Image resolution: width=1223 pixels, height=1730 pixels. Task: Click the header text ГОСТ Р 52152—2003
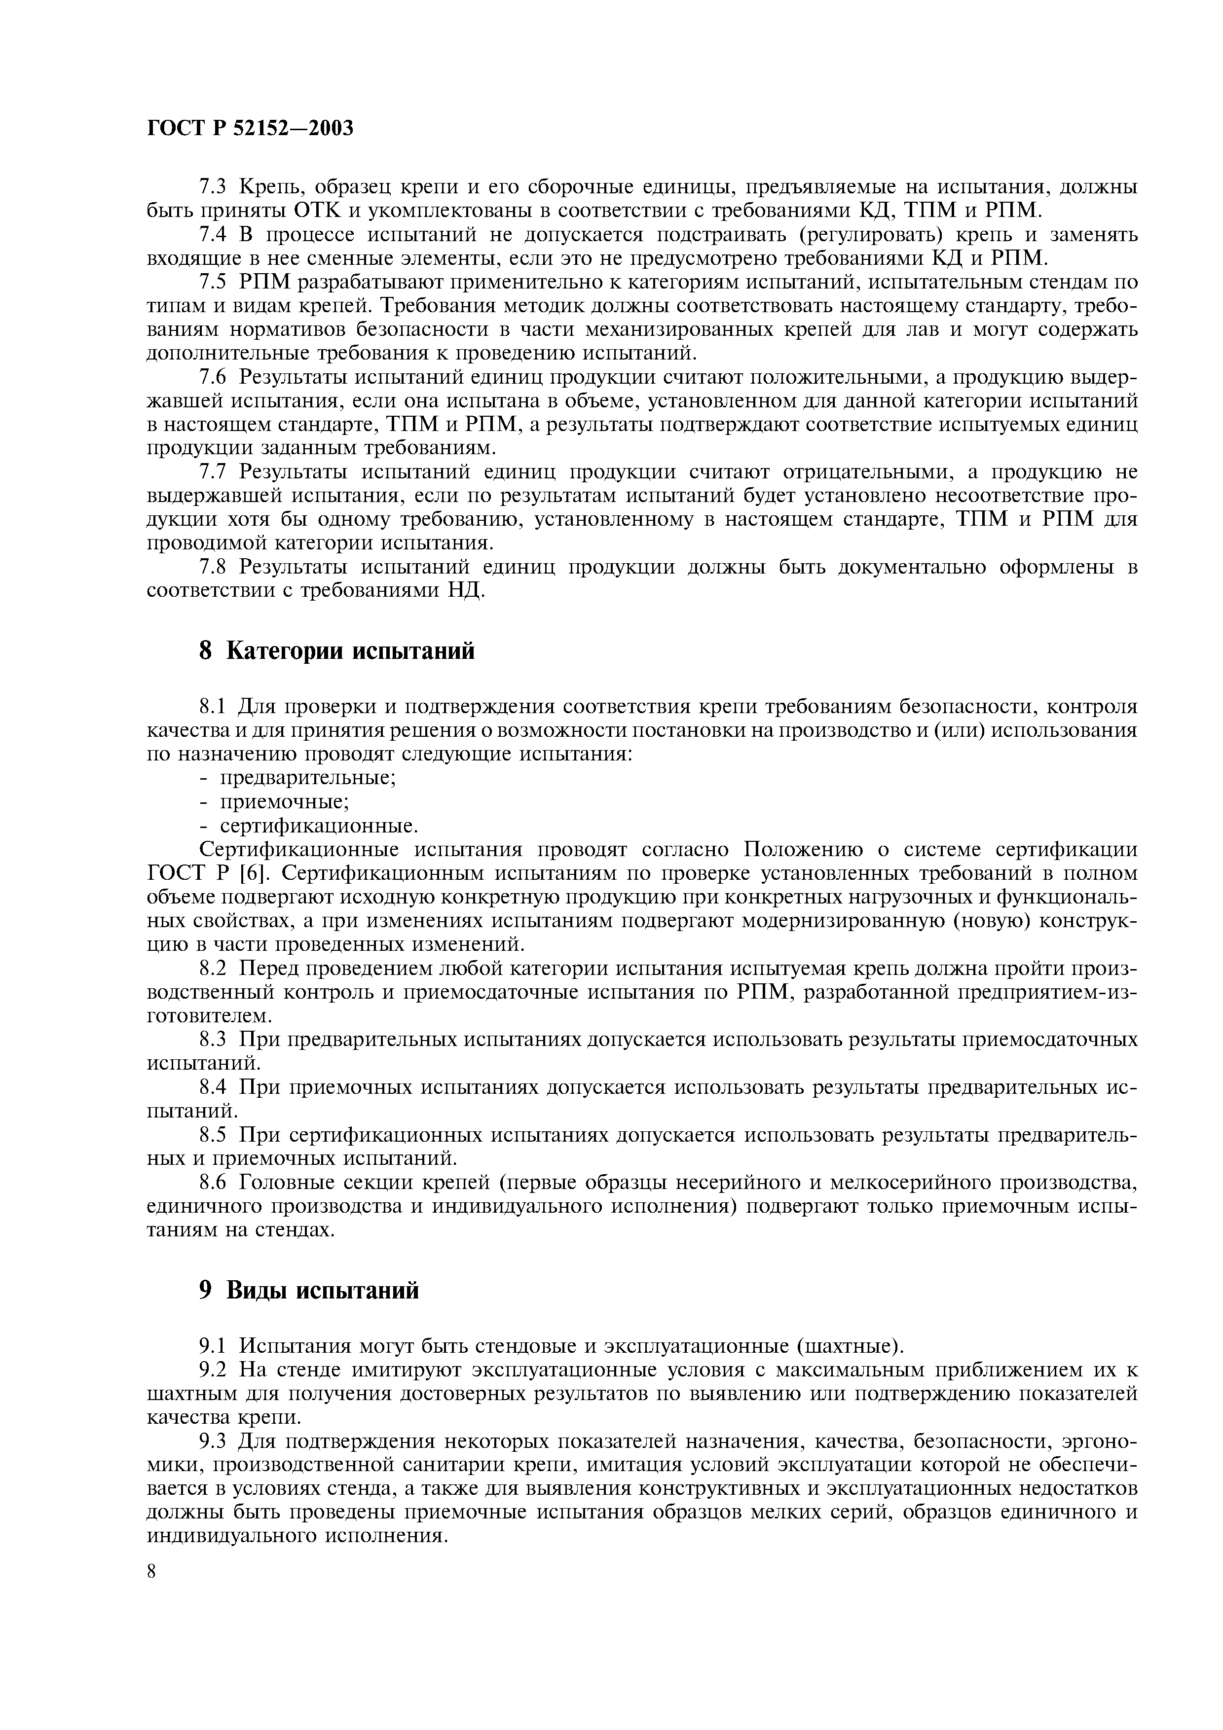pyautogui.click(x=250, y=129)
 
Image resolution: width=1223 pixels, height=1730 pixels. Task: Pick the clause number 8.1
pyautogui.click(x=213, y=706)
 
